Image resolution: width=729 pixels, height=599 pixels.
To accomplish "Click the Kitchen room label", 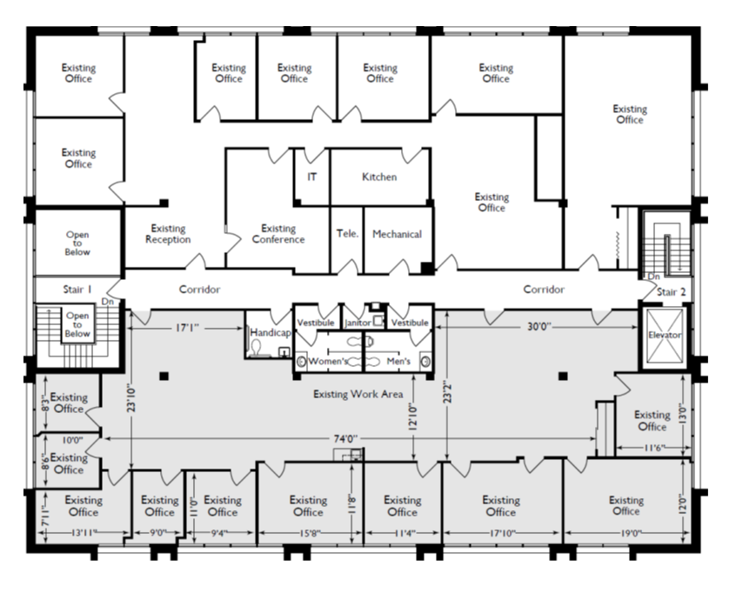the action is point(379,177).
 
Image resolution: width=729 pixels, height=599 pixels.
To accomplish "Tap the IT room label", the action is point(312,177).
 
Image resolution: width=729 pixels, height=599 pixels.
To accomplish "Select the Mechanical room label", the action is point(397,234).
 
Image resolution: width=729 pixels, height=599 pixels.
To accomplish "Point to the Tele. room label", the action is point(347,233).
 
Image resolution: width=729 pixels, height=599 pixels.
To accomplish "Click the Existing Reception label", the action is point(168,234).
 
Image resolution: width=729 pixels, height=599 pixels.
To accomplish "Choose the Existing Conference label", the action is point(278,234).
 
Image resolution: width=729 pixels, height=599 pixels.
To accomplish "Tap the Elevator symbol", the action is point(665,335).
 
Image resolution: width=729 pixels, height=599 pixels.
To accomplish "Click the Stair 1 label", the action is point(77,290).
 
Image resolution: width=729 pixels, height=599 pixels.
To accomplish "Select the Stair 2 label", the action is point(671,292).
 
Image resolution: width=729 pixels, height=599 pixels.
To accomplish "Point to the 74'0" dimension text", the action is point(346,439).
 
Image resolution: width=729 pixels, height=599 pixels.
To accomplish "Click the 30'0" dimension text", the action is point(538,327).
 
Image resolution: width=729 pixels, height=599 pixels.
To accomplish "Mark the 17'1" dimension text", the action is point(187,328).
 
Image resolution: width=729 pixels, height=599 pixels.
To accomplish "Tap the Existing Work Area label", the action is point(358,395).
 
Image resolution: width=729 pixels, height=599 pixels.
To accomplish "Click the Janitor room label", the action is point(358,323).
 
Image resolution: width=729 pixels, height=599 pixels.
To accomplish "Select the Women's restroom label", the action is point(328,361).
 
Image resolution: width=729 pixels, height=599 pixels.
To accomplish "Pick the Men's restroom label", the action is point(398,361).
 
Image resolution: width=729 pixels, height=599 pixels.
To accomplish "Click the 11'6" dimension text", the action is point(653,448).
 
